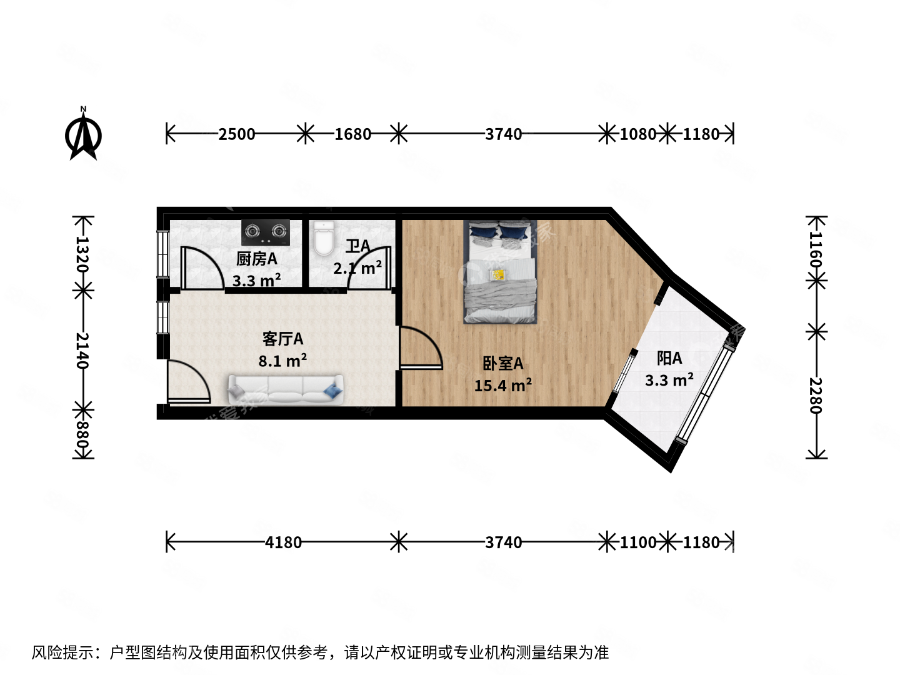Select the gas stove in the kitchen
pyautogui.click(x=266, y=232)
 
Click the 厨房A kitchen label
pyautogui.click(x=256, y=259)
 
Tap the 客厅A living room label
pyautogui.click(x=282, y=339)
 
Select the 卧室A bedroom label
pyautogui.click(x=502, y=363)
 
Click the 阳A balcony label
pyautogui.click(x=669, y=358)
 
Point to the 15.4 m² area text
pyautogui.click(x=502, y=386)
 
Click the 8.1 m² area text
pyautogui.click(x=282, y=361)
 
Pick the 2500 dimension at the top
pyautogui.click(x=236, y=134)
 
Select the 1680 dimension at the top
pyautogui.click(x=352, y=134)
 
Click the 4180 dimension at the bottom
pyautogui.click(x=283, y=542)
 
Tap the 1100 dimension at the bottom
pyautogui.click(x=637, y=542)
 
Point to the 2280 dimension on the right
pyautogui.click(x=816, y=395)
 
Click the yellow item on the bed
pyautogui.click(x=498, y=274)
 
